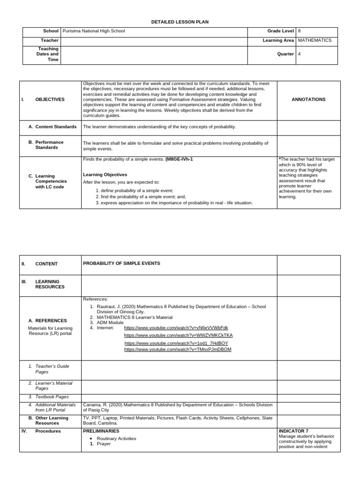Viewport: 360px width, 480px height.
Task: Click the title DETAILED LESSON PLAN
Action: (180, 22)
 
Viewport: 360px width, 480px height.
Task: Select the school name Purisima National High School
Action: (94, 31)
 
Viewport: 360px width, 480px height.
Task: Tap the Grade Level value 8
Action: (299, 31)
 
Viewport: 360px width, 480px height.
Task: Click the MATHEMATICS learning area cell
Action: (315, 40)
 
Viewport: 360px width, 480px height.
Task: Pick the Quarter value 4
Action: (299, 54)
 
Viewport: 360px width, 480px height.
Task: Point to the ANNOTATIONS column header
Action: (308, 99)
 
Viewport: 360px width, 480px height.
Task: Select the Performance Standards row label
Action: (49, 145)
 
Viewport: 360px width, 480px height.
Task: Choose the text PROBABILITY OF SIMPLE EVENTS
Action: (121, 263)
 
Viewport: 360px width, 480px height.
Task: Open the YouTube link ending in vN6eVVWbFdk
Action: (176, 328)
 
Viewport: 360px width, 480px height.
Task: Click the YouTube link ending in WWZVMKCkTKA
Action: (178, 335)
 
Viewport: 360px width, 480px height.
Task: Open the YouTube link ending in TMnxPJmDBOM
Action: (178, 349)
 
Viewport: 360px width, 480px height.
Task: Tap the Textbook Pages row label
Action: (52, 397)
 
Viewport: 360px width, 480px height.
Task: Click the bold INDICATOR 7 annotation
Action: (293, 431)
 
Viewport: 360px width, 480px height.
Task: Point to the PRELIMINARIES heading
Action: (101, 431)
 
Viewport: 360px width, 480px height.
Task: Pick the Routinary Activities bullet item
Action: (116, 438)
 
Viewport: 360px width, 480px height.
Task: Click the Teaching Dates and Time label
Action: (47, 54)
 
